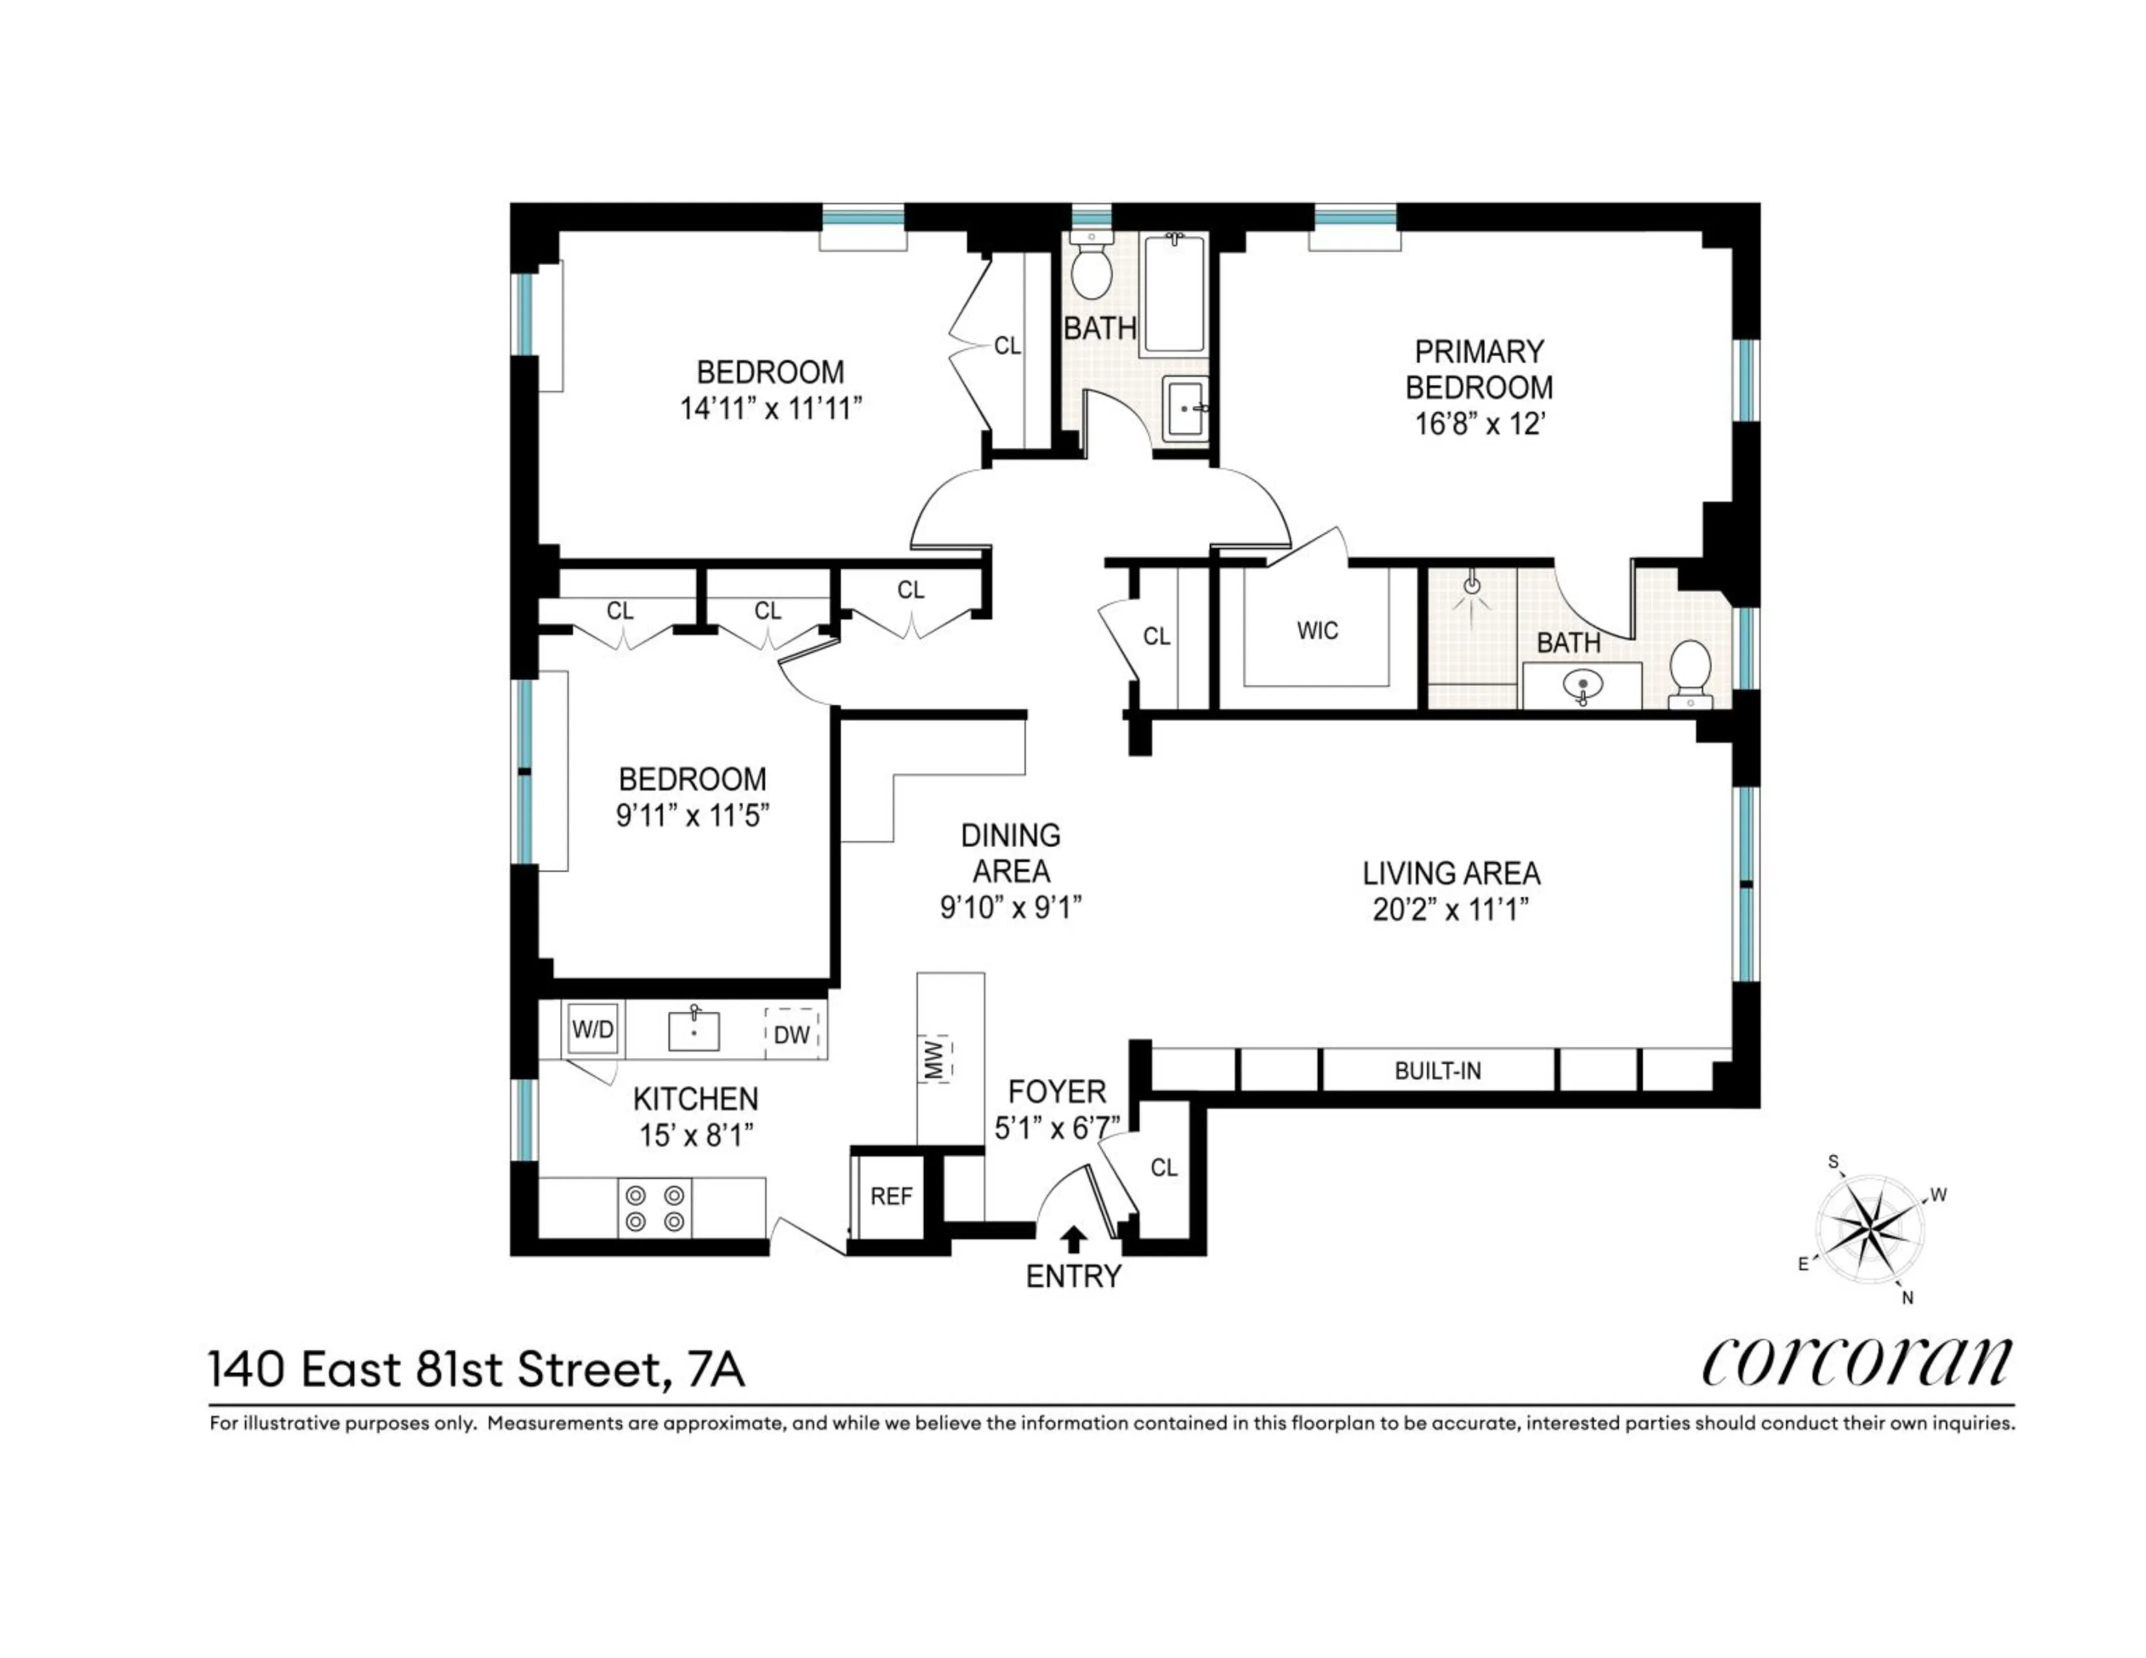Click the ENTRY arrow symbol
pos(1074,1239)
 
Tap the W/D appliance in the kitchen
pos(592,1029)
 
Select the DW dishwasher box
pos(792,1033)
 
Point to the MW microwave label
pos(935,1059)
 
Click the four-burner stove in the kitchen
pos(654,1208)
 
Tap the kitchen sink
pos(694,1031)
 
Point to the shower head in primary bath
pos(1471,587)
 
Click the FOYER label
pos(1057,1091)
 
